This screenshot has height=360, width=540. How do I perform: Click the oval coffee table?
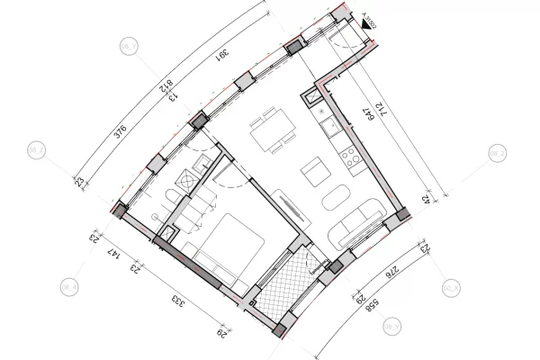(337, 197)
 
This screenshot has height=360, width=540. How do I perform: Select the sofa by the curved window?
(357, 224)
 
